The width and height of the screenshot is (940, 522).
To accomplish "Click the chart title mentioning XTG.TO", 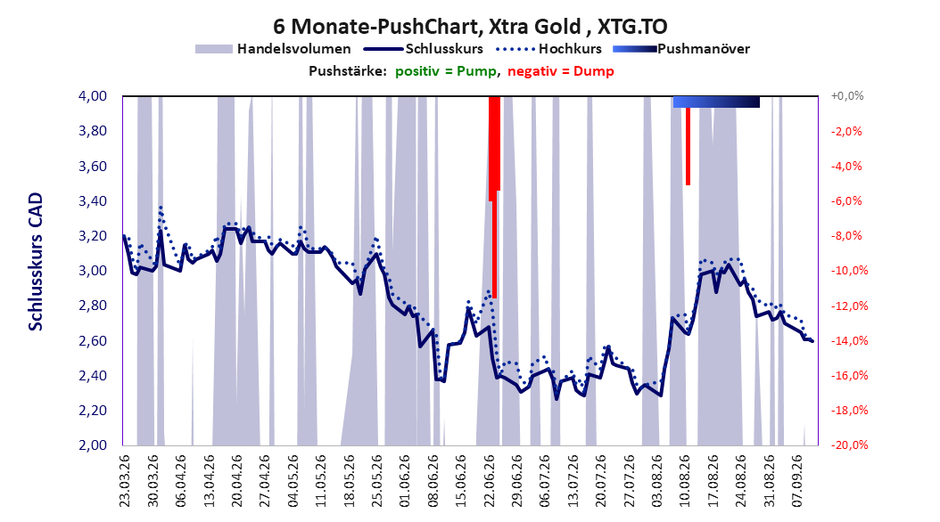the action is pyautogui.click(x=470, y=27).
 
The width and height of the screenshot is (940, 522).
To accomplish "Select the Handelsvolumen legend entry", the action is pyautogui.click(x=273, y=49).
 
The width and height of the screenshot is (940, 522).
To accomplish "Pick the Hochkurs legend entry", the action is pyautogui.click(x=549, y=49).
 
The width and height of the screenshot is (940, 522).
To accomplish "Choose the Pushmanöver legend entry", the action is pyautogui.click(x=681, y=49).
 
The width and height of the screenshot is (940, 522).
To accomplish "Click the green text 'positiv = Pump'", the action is pyautogui.click(x=445, y=71).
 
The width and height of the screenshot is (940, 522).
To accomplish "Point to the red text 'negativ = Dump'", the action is pyautogui.click(x=561, y=71).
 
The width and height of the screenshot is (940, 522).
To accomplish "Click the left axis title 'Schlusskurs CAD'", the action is pyautogui.click(x=36, y=262).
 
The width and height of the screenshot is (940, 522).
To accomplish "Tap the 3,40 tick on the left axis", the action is pyautogui.click(x=93, y=201).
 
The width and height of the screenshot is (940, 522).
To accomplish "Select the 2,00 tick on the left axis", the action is pyautogui.click(x=93, y=445).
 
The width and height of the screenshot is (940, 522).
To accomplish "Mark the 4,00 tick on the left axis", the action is pyautogui.click(x=93, y=96).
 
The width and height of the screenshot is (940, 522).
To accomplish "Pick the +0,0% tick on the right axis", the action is pyautogui.click(x=847, y=96).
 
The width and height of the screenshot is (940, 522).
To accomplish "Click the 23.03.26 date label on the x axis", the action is pyautogui.click(x=125, y=481).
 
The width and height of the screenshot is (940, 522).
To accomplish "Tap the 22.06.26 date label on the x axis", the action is pyautogui.click(x=490, y=481).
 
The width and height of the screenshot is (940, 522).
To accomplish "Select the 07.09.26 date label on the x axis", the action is pyautogui.click(x=797, y=481).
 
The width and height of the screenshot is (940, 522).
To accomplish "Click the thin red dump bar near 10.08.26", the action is pyautogui.click(x=689, y=147).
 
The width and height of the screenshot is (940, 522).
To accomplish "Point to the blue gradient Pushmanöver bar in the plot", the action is pyautogui.click(x=716, y=102).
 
